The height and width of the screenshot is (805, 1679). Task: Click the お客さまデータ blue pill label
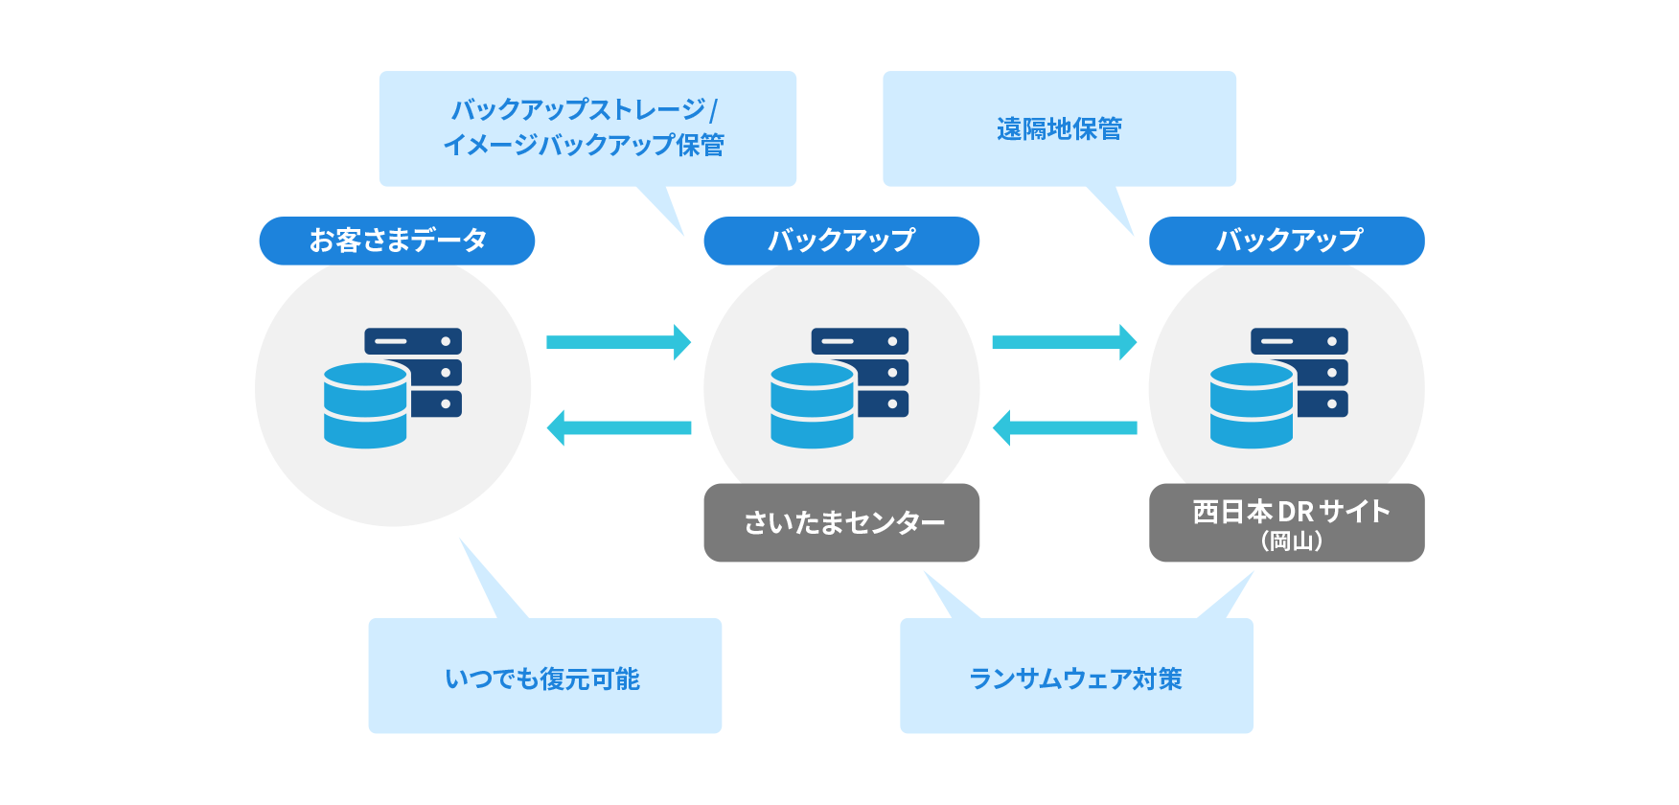(397, 241)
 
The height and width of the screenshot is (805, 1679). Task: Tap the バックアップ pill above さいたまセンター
(841, 241)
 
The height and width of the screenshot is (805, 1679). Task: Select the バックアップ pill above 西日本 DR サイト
(1286, 241)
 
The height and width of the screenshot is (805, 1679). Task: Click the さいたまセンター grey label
(841, 522)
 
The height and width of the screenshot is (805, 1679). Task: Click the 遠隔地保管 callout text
(1059, 128)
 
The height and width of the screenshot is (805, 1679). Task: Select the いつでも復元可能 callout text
(543, 678)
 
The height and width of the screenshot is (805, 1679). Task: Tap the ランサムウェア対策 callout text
(1075, 678)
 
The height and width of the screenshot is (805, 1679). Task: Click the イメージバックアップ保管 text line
(584, 145)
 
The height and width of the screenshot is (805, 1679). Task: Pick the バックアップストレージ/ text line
(584, 109)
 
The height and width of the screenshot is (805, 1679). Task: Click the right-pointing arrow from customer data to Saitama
(618, 342)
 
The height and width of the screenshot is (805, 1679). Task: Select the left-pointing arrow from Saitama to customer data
(618, 427)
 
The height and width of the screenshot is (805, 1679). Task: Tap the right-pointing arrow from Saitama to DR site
(1064, 342)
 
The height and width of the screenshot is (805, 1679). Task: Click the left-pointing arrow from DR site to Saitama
(1064, 427)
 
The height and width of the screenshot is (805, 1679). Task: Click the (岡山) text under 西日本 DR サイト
(1291, 541)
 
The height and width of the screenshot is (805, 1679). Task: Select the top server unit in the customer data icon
(413, 341)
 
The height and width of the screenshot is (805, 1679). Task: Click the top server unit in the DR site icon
(1299, 341)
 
